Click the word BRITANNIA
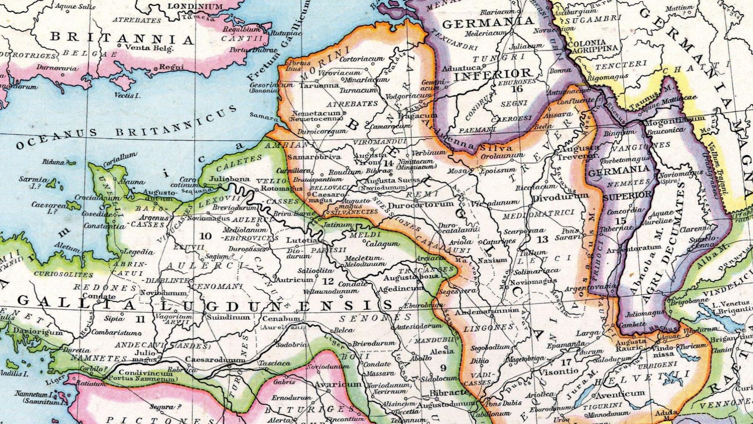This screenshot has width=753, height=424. [122, 38]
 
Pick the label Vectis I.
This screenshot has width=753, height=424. [127, 95]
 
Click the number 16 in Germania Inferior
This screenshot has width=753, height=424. [517, 89]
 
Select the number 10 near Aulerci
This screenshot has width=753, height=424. [206, 236]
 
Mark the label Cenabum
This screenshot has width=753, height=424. [281, 318]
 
